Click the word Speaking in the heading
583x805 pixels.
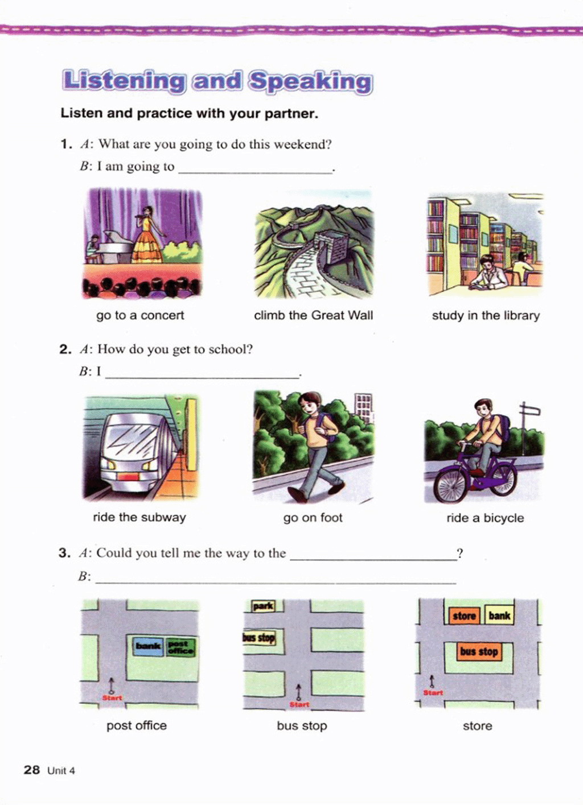point(311,82)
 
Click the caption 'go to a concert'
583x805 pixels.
point(140,315)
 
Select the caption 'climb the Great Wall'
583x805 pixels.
point(313,315)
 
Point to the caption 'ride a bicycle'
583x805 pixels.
point(485,518)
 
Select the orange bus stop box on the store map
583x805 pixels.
point(479,651)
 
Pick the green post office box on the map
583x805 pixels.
point(180,647)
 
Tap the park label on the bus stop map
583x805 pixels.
point(263,606)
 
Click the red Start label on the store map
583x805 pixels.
point(433,692)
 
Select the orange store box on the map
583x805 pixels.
point(465,616)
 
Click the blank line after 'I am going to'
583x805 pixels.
point(256,173)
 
